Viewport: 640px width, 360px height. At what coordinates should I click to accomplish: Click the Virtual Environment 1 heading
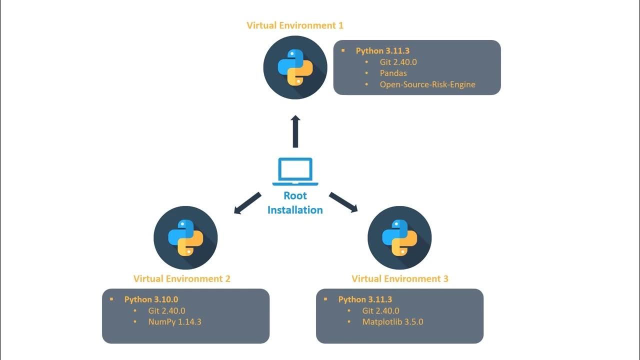295,25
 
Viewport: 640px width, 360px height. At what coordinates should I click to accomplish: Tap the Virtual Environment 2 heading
181,278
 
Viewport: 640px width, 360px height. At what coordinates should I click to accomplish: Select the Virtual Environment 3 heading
399,278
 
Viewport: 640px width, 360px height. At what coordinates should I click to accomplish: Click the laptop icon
295,171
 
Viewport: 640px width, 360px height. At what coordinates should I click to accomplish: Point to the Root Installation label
295,202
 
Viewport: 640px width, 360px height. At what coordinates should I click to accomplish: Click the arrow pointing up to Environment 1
295,131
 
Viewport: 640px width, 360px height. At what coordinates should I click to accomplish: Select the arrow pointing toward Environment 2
247,203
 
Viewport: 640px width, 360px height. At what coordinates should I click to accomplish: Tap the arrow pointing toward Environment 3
343,202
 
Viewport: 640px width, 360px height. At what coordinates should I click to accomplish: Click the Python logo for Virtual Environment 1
295,67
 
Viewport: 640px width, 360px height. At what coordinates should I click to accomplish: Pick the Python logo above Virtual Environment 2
185,237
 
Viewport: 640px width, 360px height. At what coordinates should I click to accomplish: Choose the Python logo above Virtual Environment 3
399,237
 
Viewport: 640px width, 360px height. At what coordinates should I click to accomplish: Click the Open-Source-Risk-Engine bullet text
427,84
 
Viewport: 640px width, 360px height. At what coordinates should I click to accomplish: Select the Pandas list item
393,73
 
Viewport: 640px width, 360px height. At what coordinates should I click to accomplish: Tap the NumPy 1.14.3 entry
174,322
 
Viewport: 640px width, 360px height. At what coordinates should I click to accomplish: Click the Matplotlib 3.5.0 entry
392,322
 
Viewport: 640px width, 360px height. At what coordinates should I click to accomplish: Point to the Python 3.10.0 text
151,299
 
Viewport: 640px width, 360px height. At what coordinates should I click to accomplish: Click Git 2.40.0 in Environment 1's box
398,62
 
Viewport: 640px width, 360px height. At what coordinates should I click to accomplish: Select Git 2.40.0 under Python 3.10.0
166,310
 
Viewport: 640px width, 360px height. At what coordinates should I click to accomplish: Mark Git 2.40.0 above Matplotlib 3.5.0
380,310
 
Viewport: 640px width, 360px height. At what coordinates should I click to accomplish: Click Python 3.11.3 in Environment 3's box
365,299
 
